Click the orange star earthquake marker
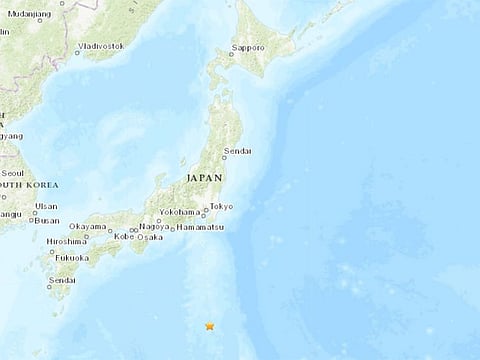click(x=209, y=326)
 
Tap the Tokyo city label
click(x=221, y=207)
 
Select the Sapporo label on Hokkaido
click(x=248, y=47)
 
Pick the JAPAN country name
click(x=204, y=177)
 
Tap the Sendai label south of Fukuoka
click(x=61, y=282)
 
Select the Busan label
click(x=46, y=220)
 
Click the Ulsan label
click(x=45, y=206)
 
